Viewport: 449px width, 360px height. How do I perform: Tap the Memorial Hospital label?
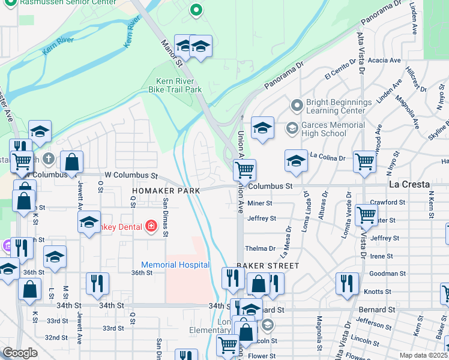tap(175, 265)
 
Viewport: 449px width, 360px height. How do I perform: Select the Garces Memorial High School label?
tap(333, 129)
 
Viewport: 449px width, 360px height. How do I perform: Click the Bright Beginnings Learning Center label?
tap(336, 106)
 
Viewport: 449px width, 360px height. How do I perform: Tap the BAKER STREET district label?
tap(267, 265)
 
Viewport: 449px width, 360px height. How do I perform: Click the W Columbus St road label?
tap(131, 176)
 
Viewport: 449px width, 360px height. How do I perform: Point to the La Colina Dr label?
tap(328, 157)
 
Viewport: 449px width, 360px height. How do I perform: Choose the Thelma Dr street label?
tap(260, 248)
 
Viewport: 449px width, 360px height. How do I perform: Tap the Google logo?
tap(20, 353)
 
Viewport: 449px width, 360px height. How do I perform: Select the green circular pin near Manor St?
tap(195, 10)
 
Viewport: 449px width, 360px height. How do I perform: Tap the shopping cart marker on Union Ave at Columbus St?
tap(244, 170)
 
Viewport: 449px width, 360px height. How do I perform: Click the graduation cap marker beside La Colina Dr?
tap(296, 161)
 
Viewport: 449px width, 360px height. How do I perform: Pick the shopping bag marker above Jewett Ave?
tap(71, 162)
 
